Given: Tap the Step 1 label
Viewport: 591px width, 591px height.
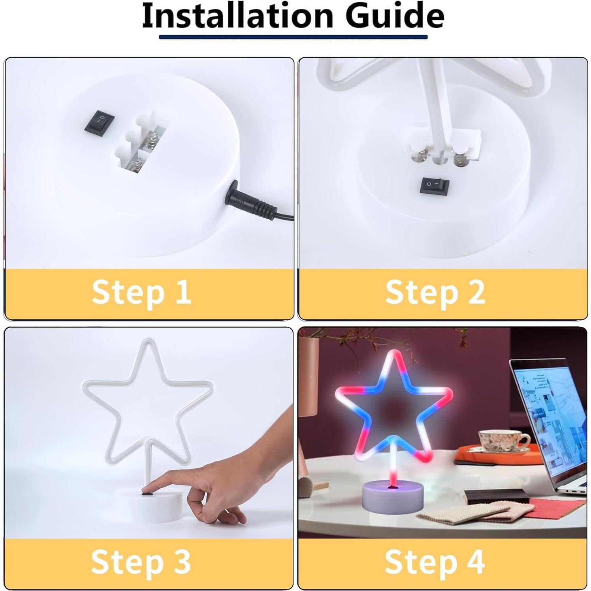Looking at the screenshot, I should (x=141, y=292).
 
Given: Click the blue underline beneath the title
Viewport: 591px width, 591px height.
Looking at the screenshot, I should (x=293, y=37).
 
